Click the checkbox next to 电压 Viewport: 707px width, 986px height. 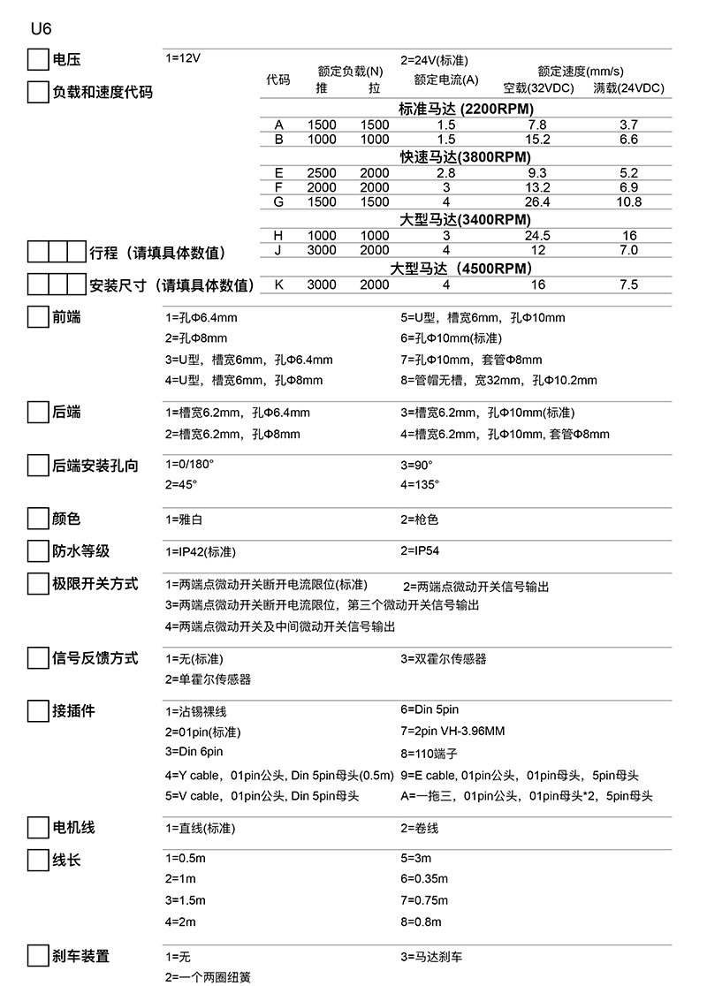tap(37, 60)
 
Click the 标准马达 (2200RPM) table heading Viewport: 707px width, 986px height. tap(464, 110)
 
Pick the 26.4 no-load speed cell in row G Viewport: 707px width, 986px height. tap(536, 202)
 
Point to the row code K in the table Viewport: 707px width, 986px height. tap(278, 284)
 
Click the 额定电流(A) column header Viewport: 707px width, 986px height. tap(445, 80)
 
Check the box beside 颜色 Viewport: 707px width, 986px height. tap(37, 520)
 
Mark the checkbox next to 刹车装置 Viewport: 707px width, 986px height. tap(37, 957)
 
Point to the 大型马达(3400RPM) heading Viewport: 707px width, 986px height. tap(465, 219)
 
